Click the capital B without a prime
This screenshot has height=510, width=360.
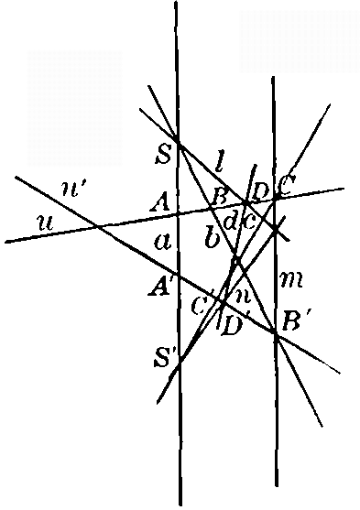[219, 195]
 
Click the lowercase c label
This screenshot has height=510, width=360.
[247, 219]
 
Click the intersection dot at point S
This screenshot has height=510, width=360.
[177, 143]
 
